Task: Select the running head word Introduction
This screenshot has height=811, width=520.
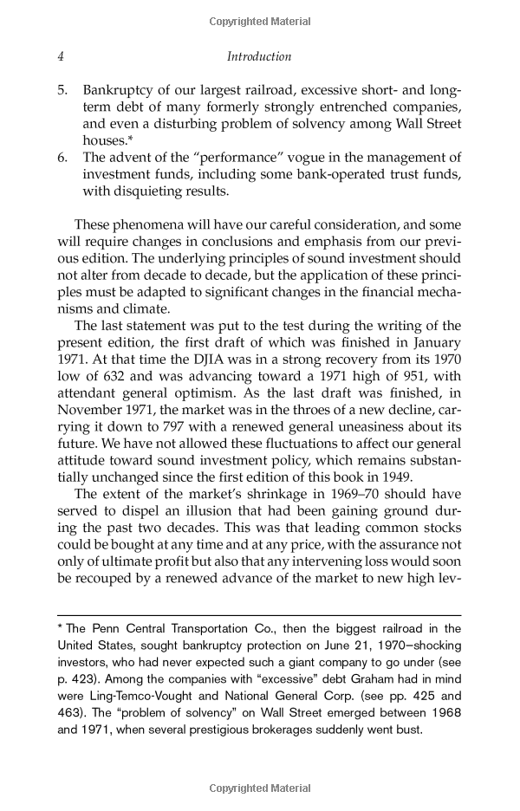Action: pos(259,57)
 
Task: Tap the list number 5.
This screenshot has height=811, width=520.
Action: pos(63,90)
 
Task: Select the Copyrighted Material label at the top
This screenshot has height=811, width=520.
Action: pos(259,21)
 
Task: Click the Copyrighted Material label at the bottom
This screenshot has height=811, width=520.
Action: pos(259,788)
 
